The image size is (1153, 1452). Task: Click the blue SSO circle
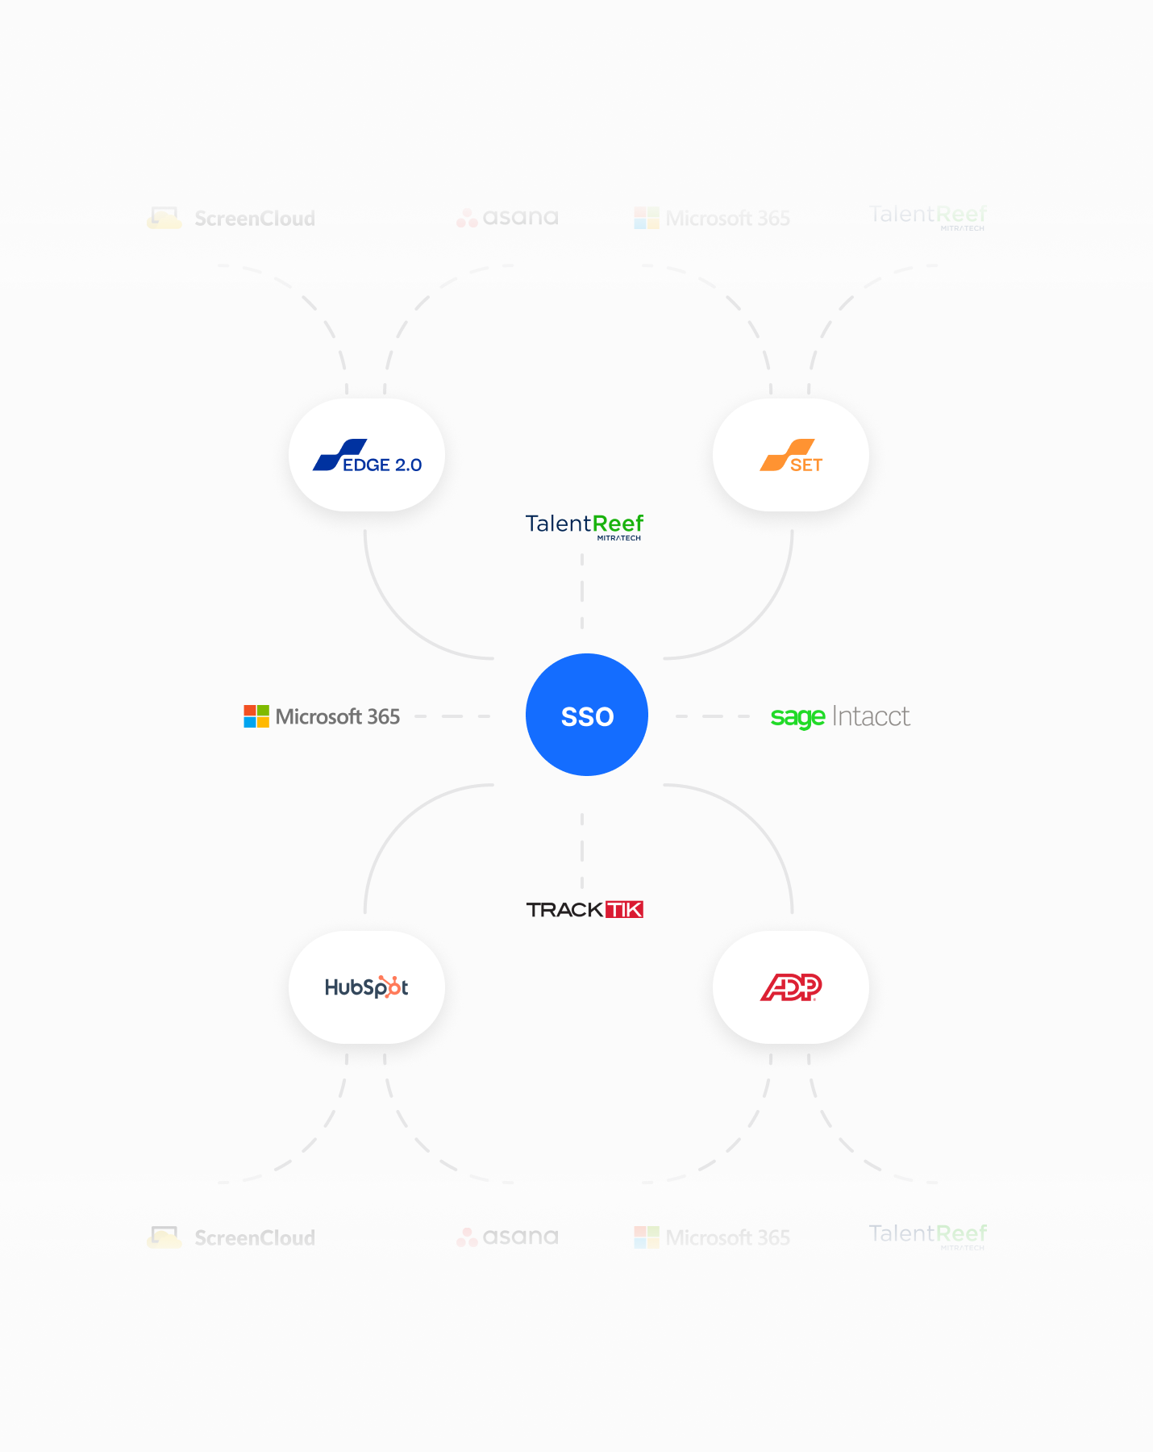[587, 715]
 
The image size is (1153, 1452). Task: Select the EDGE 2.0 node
[367, 455]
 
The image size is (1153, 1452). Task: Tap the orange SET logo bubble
[791, 455]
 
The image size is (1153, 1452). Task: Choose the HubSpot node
[367, 987]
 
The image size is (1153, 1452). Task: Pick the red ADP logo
[791, 987]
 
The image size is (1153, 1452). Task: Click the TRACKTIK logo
[585, 910]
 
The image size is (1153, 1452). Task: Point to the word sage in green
[797, 716]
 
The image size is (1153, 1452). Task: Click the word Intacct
[871, 716]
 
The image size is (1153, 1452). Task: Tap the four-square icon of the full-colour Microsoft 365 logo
[256, 716]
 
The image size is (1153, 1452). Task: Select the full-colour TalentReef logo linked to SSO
[585, 525]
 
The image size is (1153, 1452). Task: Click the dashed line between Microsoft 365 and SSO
[452, 716]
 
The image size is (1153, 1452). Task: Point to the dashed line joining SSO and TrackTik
[582, 852]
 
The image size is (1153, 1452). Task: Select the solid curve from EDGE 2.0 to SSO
[403, 622]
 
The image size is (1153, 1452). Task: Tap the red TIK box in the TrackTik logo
[624, 910]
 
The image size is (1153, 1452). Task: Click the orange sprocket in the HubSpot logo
[393, 987]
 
